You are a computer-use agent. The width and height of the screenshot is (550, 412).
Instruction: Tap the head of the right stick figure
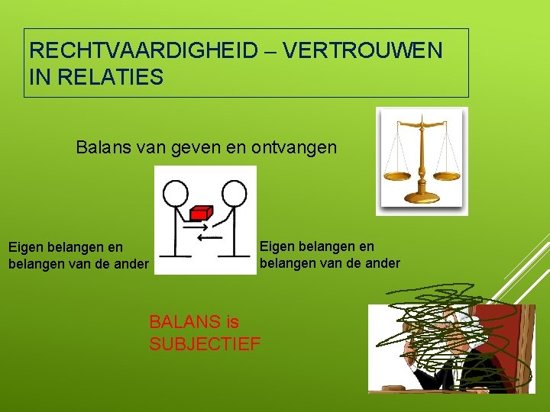[x=235, y=193]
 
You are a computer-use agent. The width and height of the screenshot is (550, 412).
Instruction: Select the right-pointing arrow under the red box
[x=197, y=227]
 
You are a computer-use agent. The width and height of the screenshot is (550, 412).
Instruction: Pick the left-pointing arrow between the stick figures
[x=209, y=237]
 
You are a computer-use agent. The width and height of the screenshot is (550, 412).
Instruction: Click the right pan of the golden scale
[x=446, y=175]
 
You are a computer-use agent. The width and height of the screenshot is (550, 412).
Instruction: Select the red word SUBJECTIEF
[x=205, y=344]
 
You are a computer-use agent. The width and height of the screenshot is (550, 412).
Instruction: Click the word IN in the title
[x=37, y=76]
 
